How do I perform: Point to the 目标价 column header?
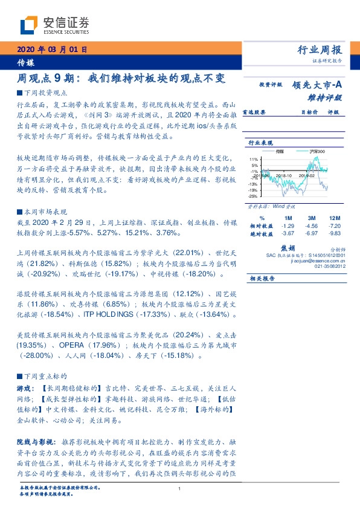click(310, 112)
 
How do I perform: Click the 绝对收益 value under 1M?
click(288, 233)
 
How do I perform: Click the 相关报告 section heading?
click(262, 279)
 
